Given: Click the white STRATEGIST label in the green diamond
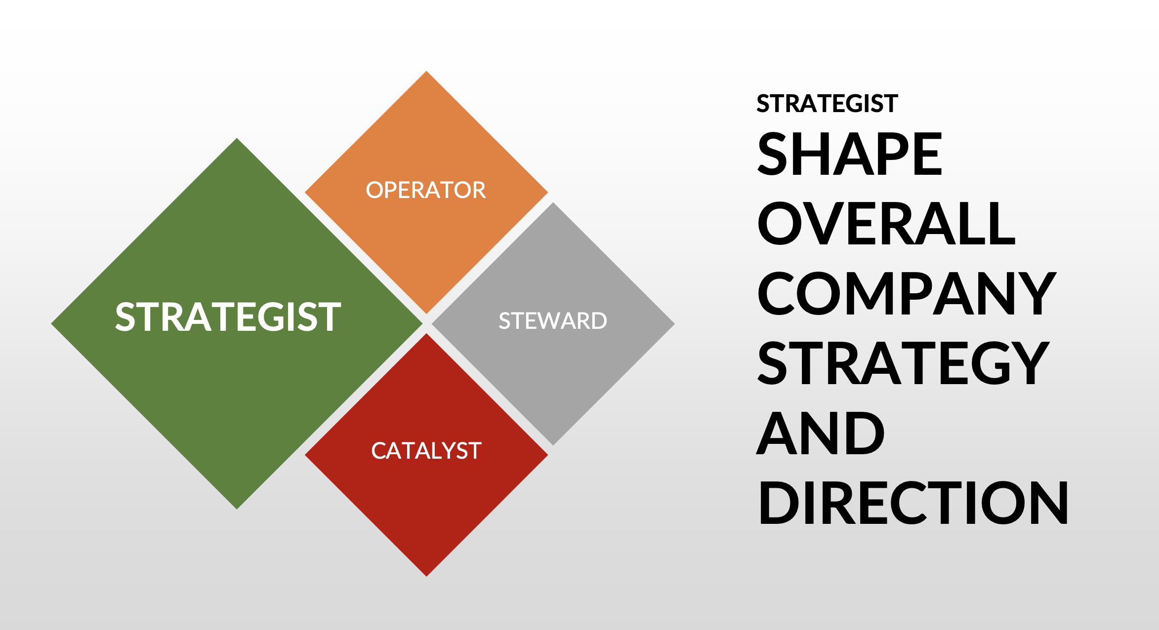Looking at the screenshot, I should pos(228,316).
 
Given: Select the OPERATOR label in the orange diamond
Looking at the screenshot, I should pos(426,190).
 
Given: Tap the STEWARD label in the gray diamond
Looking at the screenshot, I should pos(553,321).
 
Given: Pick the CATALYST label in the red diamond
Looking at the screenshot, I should pos(426,451).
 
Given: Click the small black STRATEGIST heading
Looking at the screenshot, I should pos(827,104).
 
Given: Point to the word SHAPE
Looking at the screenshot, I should pos(850,154).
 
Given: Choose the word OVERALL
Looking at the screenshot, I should pos(886,224).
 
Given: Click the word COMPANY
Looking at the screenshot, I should pos(907,294).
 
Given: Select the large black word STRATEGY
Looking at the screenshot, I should pos(903,363).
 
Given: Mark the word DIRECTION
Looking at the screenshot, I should pos(913,503).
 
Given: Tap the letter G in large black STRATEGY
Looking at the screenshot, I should pos(993,363).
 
